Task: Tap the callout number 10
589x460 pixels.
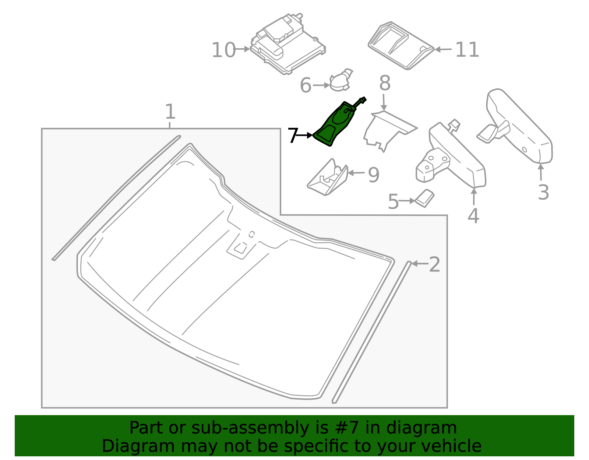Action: [223, 50]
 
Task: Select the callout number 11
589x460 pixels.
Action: [467, 50]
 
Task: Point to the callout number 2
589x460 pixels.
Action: [434, 264]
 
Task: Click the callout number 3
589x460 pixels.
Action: [543, 192]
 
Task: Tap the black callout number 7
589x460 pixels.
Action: [292, 136]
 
